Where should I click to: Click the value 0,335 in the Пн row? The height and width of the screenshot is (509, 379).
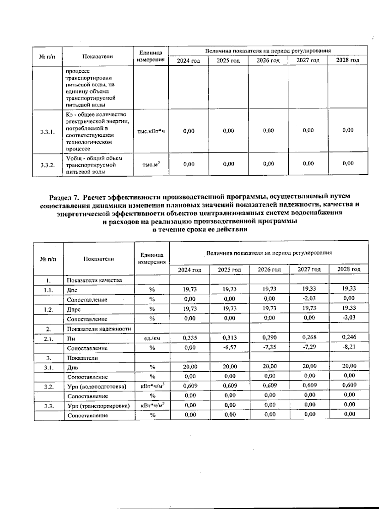click(190, 338)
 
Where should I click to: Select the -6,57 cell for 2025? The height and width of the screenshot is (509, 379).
click(229, 347)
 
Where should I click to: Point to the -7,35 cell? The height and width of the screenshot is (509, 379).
click(269, 347)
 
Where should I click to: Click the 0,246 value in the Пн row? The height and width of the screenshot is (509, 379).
click(349, 337)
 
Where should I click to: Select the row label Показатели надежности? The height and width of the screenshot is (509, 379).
click(99, 329)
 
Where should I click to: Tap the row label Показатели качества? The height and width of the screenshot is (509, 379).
click(94, 280)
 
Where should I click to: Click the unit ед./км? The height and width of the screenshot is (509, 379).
click(152, 338)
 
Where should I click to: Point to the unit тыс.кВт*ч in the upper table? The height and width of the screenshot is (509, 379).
click(151, 131)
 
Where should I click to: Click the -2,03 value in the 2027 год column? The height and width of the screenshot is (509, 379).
click(309, 298)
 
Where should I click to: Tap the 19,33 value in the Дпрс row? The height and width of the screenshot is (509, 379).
click(349, 308)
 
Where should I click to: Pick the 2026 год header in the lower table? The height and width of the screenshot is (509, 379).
click(269, 269)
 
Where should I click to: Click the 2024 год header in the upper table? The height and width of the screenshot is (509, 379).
click(188, 60)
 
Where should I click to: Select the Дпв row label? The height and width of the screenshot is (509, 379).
click(72, 367)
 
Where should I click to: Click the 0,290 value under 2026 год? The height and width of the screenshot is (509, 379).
click(269, 337)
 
